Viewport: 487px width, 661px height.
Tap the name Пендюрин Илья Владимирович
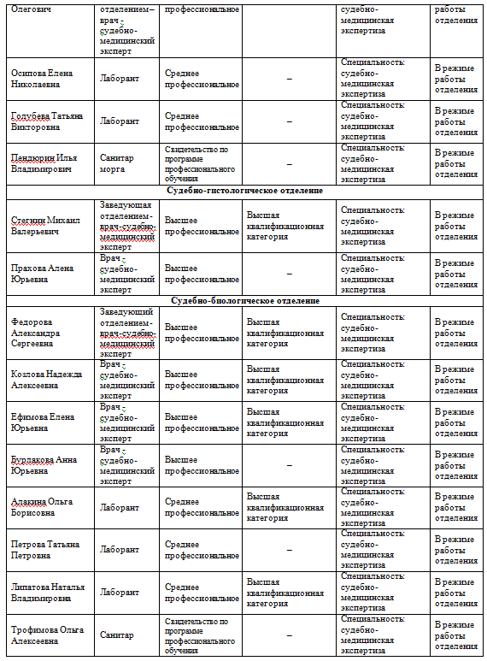click(x=42, y=163)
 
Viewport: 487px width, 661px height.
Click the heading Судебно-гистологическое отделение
click(x=244, y=191)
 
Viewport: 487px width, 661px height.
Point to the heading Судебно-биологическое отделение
click(x=245, y=301)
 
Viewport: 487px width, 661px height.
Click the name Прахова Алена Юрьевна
click(x=42, y=274)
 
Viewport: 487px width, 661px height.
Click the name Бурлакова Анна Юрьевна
click(x=44, y=465)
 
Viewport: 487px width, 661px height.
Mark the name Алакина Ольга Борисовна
click(x=43, y=507)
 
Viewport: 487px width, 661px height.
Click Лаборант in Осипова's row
click(x=120, y=79)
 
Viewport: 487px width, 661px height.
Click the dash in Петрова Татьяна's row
click(x=289, y=549)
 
